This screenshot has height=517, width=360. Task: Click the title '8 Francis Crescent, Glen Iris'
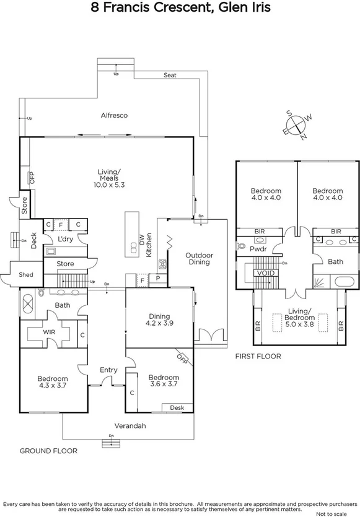pyautogui.click(x=180, y=8)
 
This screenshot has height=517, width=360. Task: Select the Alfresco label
pyautogui.click(x=114, y=115)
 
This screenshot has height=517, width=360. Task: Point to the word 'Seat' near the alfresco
pyautogui.click(x=170, y=75)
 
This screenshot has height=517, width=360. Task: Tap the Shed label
pyautogui.click(x=25, y=274)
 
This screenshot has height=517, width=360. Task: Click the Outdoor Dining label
pyautogui.click(x=199, y=258)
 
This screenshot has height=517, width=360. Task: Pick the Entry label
pyautogui.click(x=108, y=370)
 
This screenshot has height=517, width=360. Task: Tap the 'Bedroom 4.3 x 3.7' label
pyautogui.click(x=52, y=381)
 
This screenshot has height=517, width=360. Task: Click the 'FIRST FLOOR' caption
pyautogui.click(x=258, y=356)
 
